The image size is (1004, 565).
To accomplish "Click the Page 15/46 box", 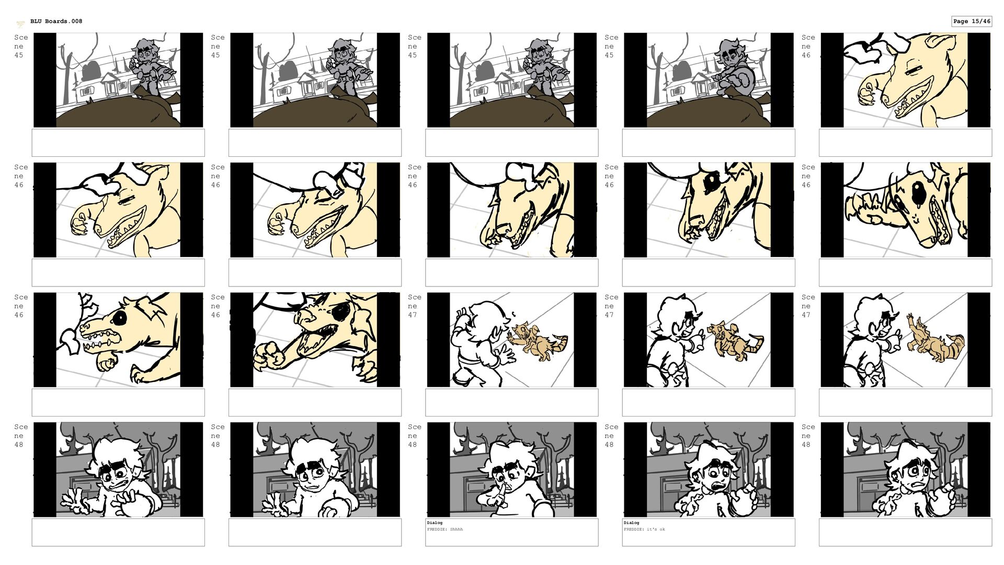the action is click(972, 21).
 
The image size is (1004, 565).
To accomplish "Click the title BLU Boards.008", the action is click(56, 21).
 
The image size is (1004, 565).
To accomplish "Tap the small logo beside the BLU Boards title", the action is click(20, 24).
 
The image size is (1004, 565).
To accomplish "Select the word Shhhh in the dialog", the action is click(456, 529).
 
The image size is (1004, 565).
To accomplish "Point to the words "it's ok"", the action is click(656, 529).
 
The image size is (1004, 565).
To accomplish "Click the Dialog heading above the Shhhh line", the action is click(435, 523).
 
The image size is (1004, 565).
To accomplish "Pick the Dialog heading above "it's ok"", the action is click(631, 523).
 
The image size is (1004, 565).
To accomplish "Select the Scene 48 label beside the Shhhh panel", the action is click(414, 436).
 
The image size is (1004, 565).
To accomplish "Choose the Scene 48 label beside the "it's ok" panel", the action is click(611, 436).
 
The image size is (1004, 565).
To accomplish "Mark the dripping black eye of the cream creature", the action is click(916, 197).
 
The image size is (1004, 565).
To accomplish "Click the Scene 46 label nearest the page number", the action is click(807, 47).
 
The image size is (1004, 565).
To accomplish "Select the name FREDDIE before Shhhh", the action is click(437, 529).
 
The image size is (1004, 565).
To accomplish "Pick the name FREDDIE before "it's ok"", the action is click(633, 529).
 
